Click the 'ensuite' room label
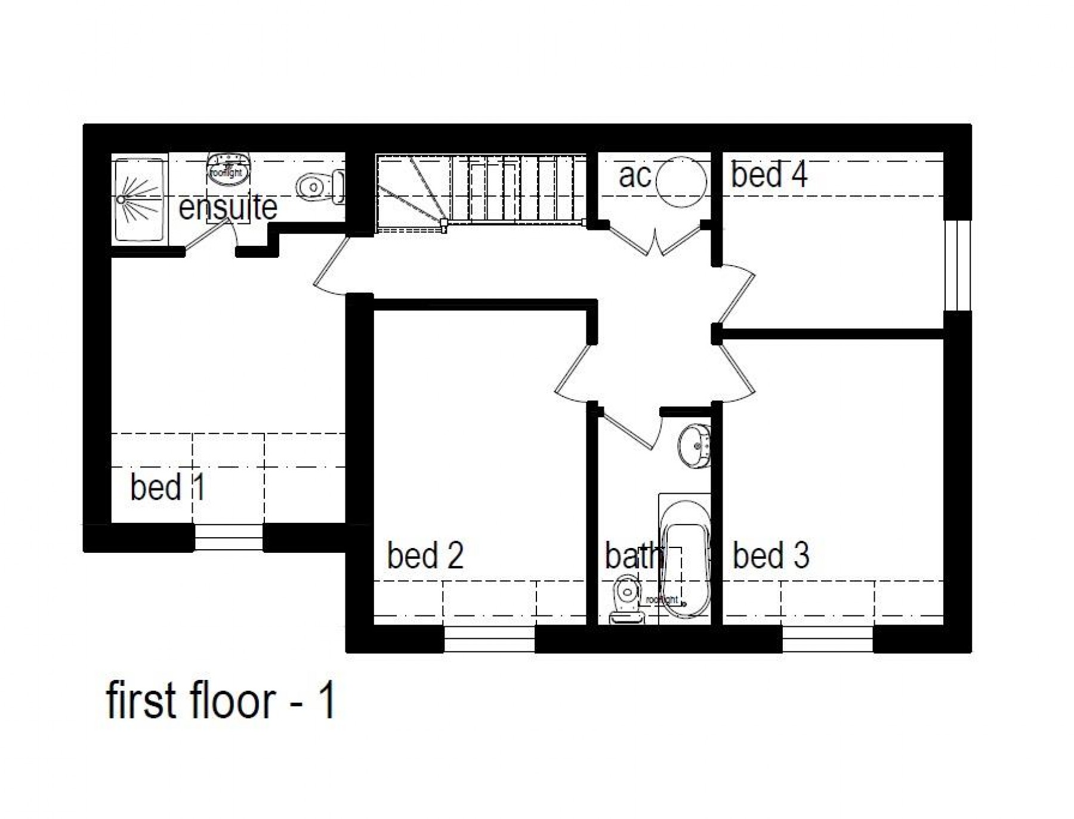coord(228,208)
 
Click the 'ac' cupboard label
coord(634,176)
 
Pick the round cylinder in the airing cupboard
coord(681,181)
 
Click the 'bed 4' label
coord(769,176)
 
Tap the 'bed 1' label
coord(168,487)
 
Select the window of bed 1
coord(229,537)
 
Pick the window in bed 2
coord(489,639)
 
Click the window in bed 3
coord(827,639)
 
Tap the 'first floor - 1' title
coord(221,701)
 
